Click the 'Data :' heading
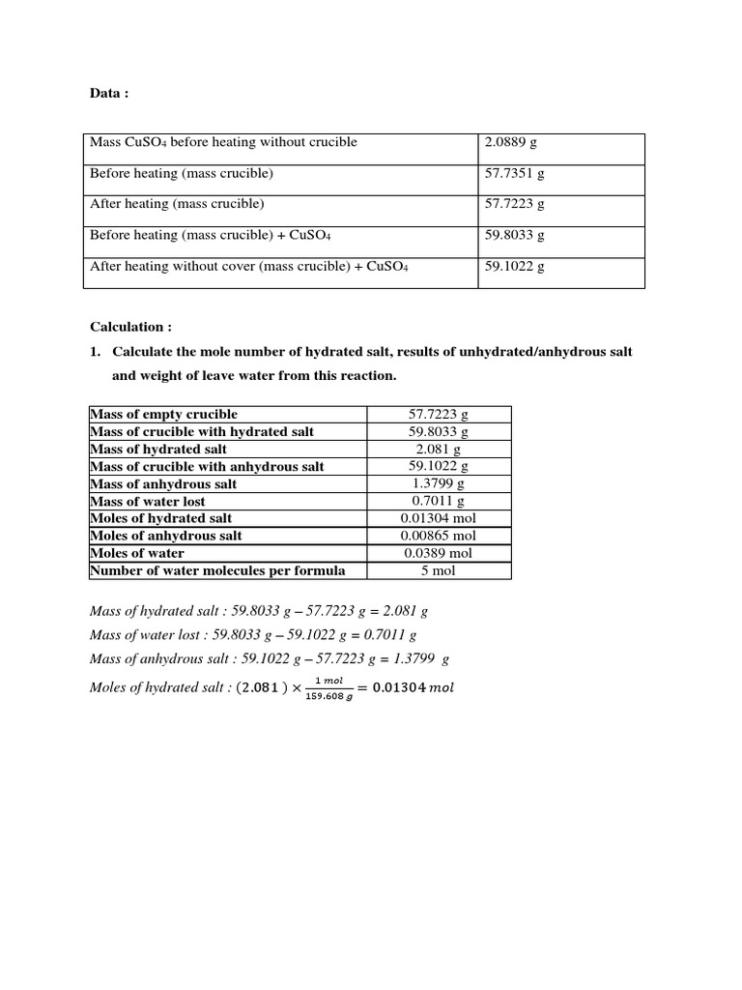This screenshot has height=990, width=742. click(108, 94)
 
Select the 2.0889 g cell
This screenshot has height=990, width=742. click(510, 142)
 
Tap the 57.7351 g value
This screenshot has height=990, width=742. click(514, 173)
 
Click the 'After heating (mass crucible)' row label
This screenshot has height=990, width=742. click(177, 204)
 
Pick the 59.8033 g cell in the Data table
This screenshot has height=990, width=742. click(514, 235)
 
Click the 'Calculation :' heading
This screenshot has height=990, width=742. click(130, 328)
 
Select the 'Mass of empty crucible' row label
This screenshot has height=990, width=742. click(163, 414)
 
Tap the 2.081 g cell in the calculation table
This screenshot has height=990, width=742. click(439, 449)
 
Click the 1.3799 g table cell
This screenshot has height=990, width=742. click(439, 483)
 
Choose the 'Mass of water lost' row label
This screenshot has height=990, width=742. click(148, 501)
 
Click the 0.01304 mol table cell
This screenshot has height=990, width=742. click(439, 518)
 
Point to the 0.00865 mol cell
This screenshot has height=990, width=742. click(439, 536)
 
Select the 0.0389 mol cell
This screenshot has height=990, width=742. click(439, 553)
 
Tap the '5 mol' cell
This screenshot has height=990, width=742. click(439, 570)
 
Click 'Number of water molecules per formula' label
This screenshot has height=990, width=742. click(217, 570)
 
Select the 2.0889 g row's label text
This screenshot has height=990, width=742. click(223, 142)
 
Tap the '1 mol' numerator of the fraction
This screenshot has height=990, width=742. click(328, 681)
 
